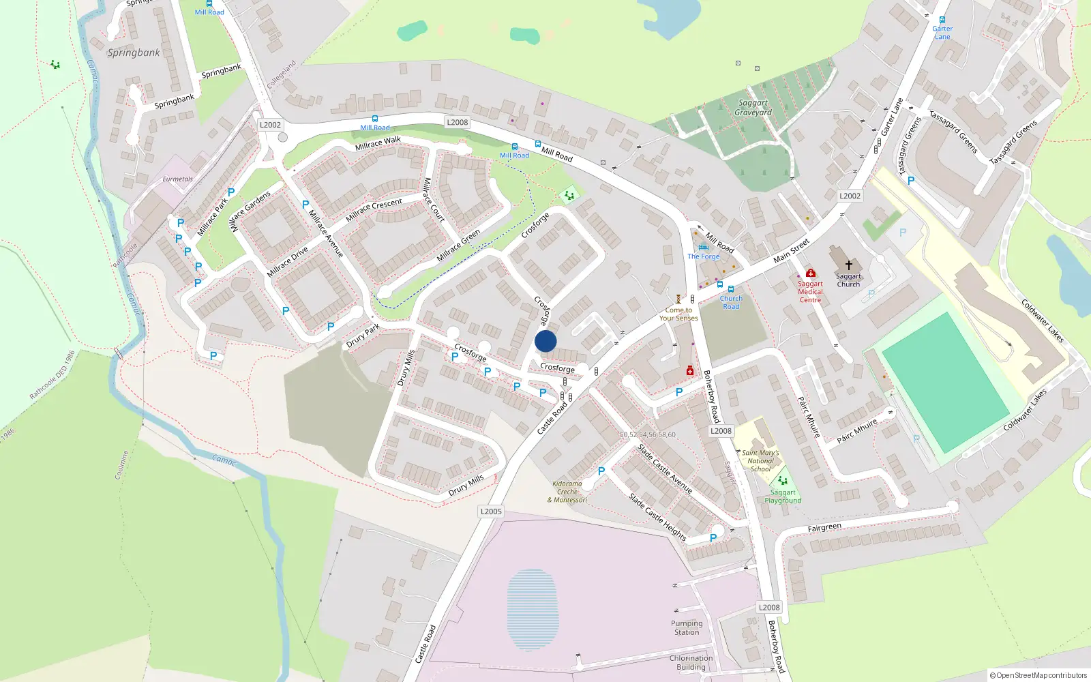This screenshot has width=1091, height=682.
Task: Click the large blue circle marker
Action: (545, 341)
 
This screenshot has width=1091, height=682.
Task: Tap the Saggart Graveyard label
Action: (753, 108)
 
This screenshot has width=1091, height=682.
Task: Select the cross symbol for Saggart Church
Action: (849, 265)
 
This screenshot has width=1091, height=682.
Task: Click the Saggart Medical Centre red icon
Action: (810, 273)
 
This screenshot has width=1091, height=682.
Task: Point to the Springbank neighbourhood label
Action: (134, 53)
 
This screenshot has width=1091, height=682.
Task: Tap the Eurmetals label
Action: (177, 179)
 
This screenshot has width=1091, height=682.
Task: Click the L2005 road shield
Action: (491, 512)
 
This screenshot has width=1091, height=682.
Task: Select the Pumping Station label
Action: (687, 627)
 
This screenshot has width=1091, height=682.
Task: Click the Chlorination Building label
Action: (691, 662)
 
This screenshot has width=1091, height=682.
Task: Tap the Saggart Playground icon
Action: (783, 481)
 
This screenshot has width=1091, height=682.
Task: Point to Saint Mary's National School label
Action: (760, 461)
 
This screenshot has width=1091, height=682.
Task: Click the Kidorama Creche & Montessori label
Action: (567, 492)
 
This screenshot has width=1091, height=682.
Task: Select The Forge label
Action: (704, 256)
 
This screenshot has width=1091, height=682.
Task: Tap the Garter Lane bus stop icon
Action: (942, 20)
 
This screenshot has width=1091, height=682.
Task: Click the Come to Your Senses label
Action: (678, 314)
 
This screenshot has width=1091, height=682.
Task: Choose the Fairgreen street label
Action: (824, 528)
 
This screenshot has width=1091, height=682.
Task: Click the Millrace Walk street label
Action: (378, 143)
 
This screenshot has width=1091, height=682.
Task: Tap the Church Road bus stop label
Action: (731, 302)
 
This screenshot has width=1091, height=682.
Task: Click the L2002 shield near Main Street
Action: (850, 196)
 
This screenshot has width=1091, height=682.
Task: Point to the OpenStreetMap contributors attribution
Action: (1038, 675)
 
